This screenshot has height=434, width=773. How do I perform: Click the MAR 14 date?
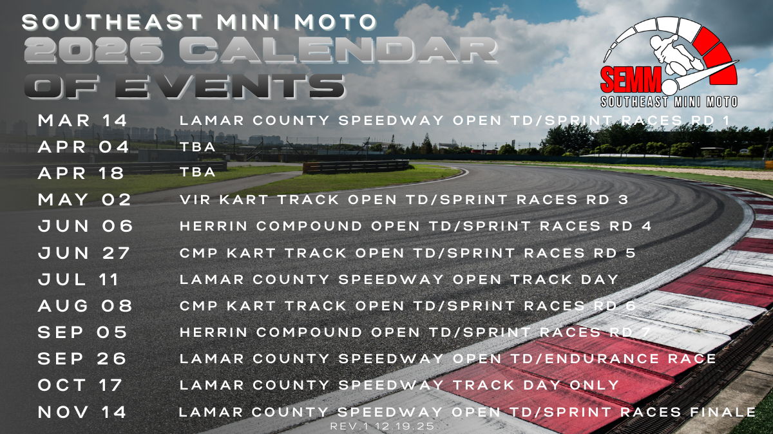[82, 120]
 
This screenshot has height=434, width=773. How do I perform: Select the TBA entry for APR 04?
[198, 147]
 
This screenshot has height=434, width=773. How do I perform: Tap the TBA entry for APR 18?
[198, 172]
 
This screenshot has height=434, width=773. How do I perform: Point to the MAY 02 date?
[84, 200]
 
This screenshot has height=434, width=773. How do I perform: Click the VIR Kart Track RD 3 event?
[404, 200]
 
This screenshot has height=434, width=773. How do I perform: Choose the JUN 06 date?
[85, 226]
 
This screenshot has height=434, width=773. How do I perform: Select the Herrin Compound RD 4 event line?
[415, 226]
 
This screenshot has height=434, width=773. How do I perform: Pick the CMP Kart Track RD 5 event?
[408, 253]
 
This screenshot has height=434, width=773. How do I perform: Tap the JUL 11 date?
[79, 279]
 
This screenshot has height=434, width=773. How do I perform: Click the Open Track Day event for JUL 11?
[399, 279]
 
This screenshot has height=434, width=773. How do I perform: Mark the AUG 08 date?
[85, 306]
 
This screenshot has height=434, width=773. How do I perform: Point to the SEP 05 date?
[82, 332]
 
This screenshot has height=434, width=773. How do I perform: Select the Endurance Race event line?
[448, 359]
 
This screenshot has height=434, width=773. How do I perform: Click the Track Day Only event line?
[399, 385]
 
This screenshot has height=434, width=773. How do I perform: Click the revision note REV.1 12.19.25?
[382, 426]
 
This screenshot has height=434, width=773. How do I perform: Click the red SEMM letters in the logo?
[631, 80]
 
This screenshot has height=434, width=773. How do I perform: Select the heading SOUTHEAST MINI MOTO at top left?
[199, 22]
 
